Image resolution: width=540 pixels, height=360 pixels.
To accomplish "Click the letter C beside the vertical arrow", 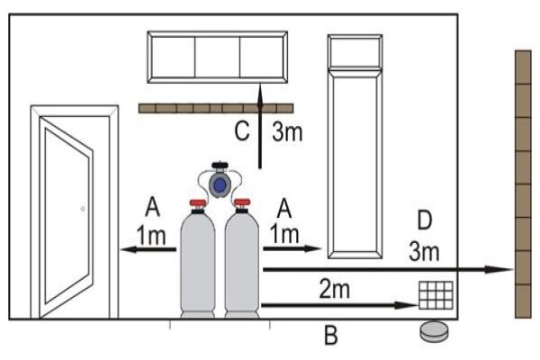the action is click(242, 130).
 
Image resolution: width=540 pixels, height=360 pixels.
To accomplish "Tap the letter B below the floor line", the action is click(331, 335).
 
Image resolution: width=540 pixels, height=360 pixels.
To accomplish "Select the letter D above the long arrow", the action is click(424, 220).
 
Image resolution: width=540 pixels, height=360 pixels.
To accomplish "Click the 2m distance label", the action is click(335, 290).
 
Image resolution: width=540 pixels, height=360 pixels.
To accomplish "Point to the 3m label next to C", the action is click(287, 131).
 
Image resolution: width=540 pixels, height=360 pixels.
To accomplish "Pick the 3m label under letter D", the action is click(424, 252).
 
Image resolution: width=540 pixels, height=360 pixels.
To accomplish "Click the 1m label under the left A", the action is click(151, 235).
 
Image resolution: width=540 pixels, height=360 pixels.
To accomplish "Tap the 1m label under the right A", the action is click(284, 234).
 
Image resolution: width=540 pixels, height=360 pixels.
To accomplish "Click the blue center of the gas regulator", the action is click(220, 185).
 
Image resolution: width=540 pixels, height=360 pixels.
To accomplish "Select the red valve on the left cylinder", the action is click(198, 202).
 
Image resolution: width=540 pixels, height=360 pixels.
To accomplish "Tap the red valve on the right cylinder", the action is click(242, 202).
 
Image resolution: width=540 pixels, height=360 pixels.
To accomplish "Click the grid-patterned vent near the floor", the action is click(436, 295).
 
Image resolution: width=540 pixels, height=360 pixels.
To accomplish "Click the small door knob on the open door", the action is click(83, 209).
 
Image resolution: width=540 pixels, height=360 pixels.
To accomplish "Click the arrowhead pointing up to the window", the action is click(260, 92).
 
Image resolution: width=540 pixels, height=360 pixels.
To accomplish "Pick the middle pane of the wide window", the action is click(217, 58).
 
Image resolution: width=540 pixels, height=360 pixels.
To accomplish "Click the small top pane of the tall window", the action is click(355, 52).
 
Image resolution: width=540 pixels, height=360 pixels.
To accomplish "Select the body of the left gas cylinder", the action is click(198, 264).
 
